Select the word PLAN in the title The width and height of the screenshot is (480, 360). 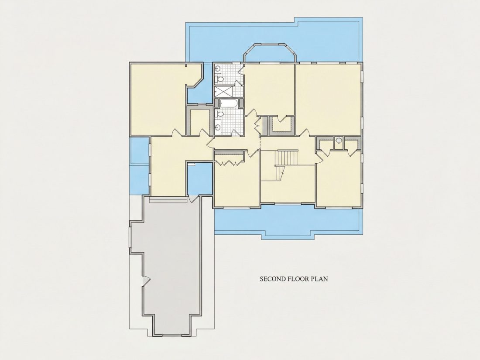319,279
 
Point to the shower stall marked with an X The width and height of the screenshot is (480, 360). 223,91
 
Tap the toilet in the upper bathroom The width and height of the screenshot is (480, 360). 220,79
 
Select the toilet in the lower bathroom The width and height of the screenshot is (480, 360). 220,114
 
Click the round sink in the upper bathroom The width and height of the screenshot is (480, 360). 218,69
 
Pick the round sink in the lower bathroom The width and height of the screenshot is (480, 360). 218,127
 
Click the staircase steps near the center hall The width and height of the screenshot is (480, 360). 287,158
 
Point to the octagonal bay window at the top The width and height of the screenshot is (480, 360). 270,53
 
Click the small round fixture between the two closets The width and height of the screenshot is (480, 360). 339,141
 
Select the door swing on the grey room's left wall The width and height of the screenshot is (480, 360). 146,280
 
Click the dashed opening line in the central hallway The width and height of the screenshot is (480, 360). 260,144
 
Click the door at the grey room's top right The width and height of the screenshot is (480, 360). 193,199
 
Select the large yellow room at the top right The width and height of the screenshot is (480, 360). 328,99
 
